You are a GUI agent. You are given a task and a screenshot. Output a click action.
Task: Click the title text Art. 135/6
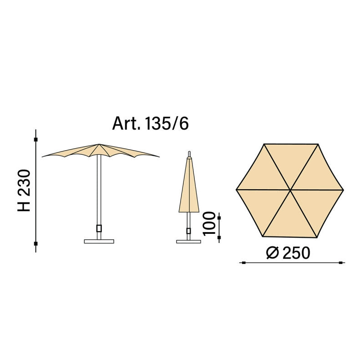pyautogui.click(x=151, y=123)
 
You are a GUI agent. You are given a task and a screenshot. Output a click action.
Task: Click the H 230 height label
pyautogui.click(x=24, y=190)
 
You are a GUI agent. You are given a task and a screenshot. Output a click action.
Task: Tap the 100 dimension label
pyautogui.click(x=209, y=223)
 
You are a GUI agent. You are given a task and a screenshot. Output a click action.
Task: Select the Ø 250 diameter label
pyautogui.click(x=288, y=253)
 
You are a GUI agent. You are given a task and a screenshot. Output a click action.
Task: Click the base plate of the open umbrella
pyautogui.click(x=99, y=242)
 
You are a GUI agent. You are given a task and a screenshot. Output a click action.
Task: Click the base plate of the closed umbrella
pyautogui.click(x=188, y=242)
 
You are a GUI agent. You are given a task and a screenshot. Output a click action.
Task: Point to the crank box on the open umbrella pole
pyautogui.click(x=99, y=228)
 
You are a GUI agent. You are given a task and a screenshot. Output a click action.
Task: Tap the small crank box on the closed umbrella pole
pyautogui.click(x=188, y=231)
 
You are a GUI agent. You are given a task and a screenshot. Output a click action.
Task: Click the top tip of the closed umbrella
pyautogui.click(x=189, y=152)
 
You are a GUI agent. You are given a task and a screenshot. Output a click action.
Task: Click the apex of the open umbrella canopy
pyautogui.click(x=99, y=144)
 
